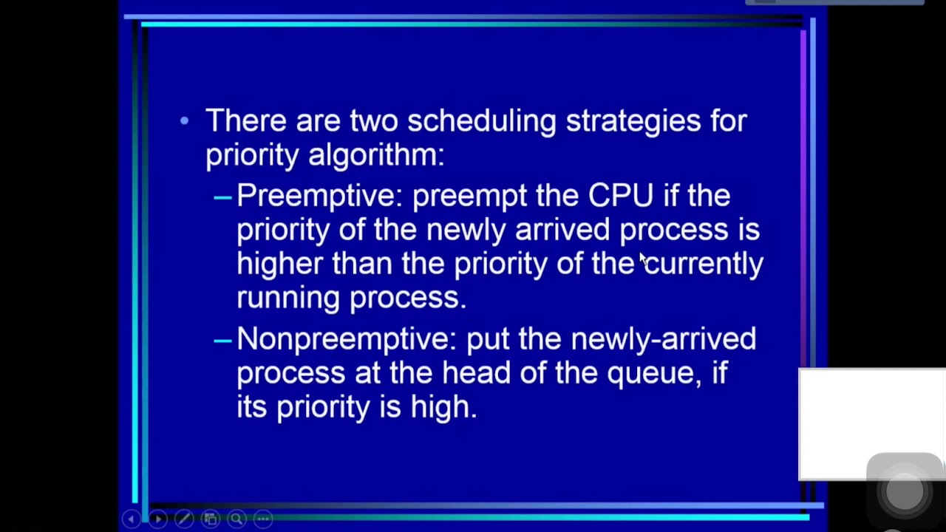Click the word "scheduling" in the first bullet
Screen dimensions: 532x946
(x=481, y=121)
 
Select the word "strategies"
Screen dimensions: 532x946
(x=633, y=121)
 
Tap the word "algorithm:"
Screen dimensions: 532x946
(x=376, y=155)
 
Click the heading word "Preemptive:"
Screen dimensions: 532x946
(x=319, y=196)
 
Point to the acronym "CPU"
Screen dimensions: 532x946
(x=621, y=196)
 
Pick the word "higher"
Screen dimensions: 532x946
(x=279, y=264)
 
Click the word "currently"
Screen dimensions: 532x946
(x=704, y=264)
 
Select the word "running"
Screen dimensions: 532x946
(x=288, y=298)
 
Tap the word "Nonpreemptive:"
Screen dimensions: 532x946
(x=347, y=339)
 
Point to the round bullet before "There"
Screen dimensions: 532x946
(x=184, y=120)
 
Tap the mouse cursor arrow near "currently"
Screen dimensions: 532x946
(x=642, y=257)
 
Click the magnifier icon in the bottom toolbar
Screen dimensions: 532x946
(x=236, y=519)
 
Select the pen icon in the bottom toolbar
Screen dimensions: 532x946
(x=184, y=519)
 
